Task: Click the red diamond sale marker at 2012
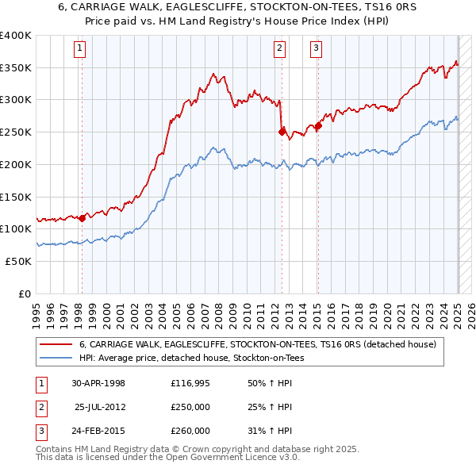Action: point(282,132)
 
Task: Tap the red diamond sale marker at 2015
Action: point(318,125)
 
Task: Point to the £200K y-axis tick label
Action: point(16,164)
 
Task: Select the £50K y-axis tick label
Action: point(19,261)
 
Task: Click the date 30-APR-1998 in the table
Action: point(98,383)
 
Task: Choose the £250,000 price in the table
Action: point(190,407)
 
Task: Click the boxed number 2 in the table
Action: point(40,407)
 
